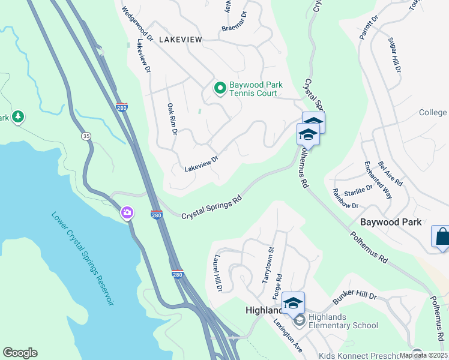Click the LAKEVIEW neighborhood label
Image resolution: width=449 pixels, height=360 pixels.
[x=181, y=39]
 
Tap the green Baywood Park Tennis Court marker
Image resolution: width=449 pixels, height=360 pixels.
[x=220, y=89]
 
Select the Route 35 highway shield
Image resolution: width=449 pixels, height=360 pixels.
[x=86, y=136]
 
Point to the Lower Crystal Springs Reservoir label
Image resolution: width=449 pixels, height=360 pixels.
[x=82, y=259]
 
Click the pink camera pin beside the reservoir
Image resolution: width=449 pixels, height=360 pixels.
[x=127, y=212]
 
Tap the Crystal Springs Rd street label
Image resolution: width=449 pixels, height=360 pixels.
[x=211, y=206]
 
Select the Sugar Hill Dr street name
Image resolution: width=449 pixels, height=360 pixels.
[x=394, y=55]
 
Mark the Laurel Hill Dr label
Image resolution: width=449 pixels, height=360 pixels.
[x=216, y=273]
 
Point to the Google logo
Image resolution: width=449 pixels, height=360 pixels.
[x=20, y=353]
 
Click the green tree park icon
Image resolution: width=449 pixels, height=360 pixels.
[x=19, y=116]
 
